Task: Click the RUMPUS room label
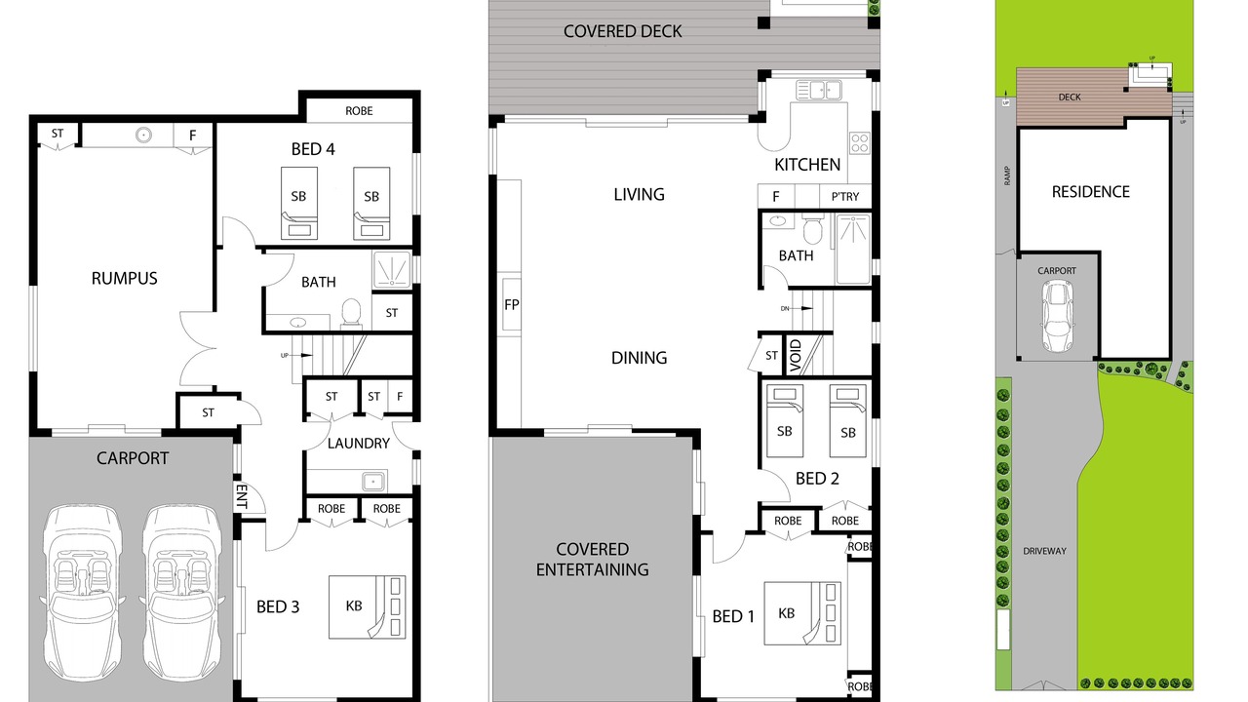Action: tap(124, 278)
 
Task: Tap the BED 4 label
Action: tap(313, 149)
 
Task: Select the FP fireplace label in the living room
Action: tap(512, 305)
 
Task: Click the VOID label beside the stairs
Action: tap(796, 356)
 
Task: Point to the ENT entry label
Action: tap(242, 496)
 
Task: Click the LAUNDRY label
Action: tap(358, 443)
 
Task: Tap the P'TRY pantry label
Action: tap(845, 197)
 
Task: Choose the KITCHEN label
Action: tap(807, 165)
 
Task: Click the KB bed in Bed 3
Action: tap(367, 606)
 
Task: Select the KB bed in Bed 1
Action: tap(802, 613)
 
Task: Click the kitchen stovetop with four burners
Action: tap(860, 142)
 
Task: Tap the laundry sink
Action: tap(372, 482)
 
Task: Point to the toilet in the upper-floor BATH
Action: tap(813, 229)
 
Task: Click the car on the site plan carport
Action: tap(1057, 315)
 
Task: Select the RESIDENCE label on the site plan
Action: tap(1090, 192)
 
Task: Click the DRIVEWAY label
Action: tap(1044, 551)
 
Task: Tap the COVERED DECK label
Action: tap(622, 31)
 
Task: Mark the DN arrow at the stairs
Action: tap(797, 309)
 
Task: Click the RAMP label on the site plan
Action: tap(1007, 176)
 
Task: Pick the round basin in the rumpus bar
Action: tap(143, 135)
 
